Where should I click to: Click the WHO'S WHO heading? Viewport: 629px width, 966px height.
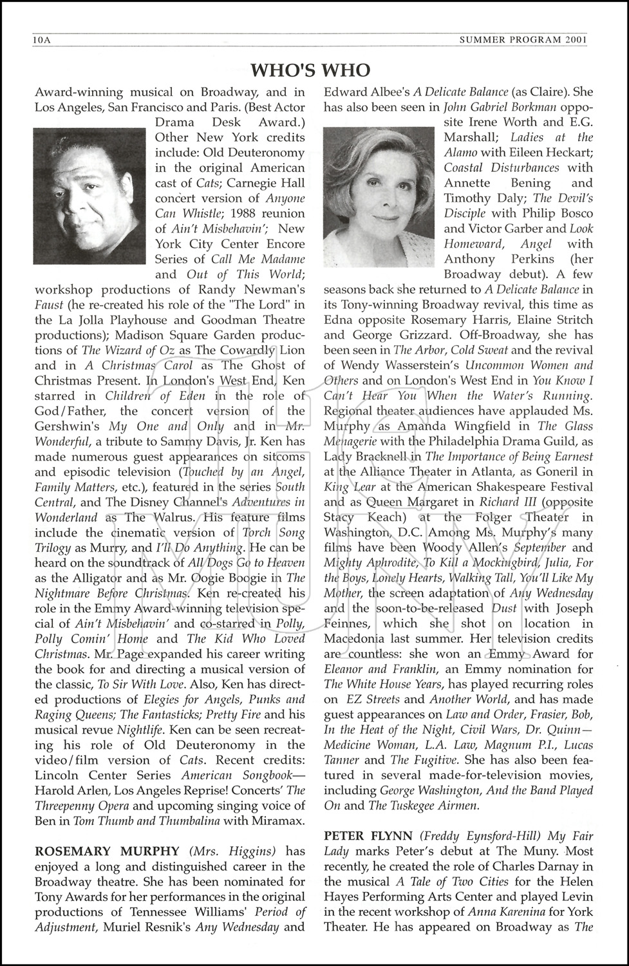(x=310, y=70)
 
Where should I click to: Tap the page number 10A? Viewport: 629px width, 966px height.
(x=41, y=40)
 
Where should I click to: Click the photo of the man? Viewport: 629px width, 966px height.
(x=90, y=196)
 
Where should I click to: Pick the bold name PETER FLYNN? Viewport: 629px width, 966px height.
(x=368, y=836)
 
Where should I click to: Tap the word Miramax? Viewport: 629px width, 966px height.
(x=281, y=820)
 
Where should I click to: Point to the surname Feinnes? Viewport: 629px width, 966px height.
(x=348, y=623)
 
